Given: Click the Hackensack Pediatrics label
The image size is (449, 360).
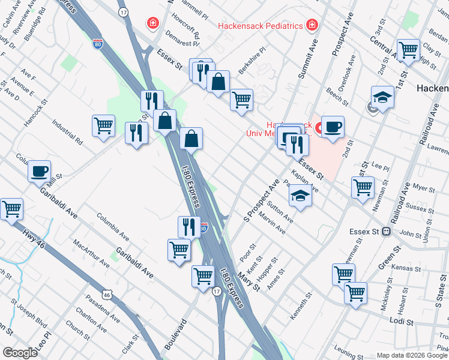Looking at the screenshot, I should click(259, 26).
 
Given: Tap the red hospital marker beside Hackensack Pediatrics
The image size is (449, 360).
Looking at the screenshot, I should click(312, 25).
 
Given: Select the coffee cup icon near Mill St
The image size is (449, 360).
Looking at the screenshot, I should click(40, 171).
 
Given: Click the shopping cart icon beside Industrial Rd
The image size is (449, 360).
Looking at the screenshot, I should click(103, 126).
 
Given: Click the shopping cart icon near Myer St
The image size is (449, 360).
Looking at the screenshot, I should click(363, 187).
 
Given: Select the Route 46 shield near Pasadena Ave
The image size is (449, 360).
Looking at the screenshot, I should click(106, 295).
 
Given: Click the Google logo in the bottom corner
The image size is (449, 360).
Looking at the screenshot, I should click(19, 353).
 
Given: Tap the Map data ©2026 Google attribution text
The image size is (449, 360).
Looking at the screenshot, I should click(412, 355).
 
